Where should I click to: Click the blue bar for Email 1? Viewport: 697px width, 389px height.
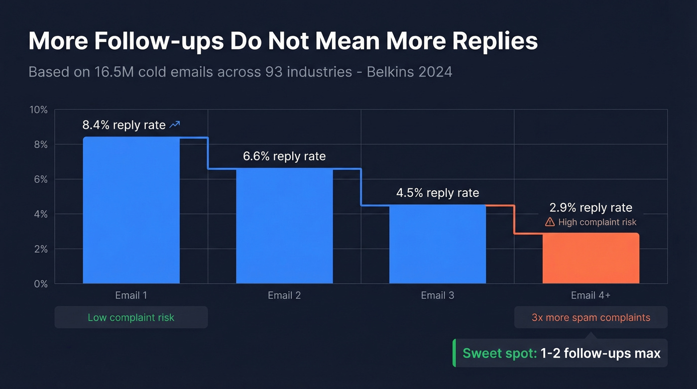click(131, 210)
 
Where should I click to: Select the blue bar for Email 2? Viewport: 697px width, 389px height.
click(284, 226)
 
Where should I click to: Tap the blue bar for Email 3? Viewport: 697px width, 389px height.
click(437, 244)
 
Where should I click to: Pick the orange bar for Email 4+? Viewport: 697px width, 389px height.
click(590, 258)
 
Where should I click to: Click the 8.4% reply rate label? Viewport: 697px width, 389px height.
click(124, 125)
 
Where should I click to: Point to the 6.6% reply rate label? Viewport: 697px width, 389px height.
click(284, 156)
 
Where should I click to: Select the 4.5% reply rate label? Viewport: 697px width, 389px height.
click(438, 193)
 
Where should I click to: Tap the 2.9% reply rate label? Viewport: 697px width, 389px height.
click(590, 208)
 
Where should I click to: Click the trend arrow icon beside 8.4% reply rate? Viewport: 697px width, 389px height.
click(175, 125)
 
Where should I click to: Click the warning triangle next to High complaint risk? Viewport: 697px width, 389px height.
click(550, 222)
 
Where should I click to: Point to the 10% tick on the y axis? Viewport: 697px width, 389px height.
click(38, 110)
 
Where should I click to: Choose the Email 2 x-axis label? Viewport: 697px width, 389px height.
click(284, 295)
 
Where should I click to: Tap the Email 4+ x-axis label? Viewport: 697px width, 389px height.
click(590, 295)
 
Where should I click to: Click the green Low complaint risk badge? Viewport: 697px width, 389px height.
click(131, 317)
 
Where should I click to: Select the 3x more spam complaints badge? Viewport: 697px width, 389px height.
click(590, 317)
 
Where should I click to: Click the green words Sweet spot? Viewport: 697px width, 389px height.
click(499, 354)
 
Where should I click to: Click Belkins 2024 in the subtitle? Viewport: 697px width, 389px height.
click(409, 72)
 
